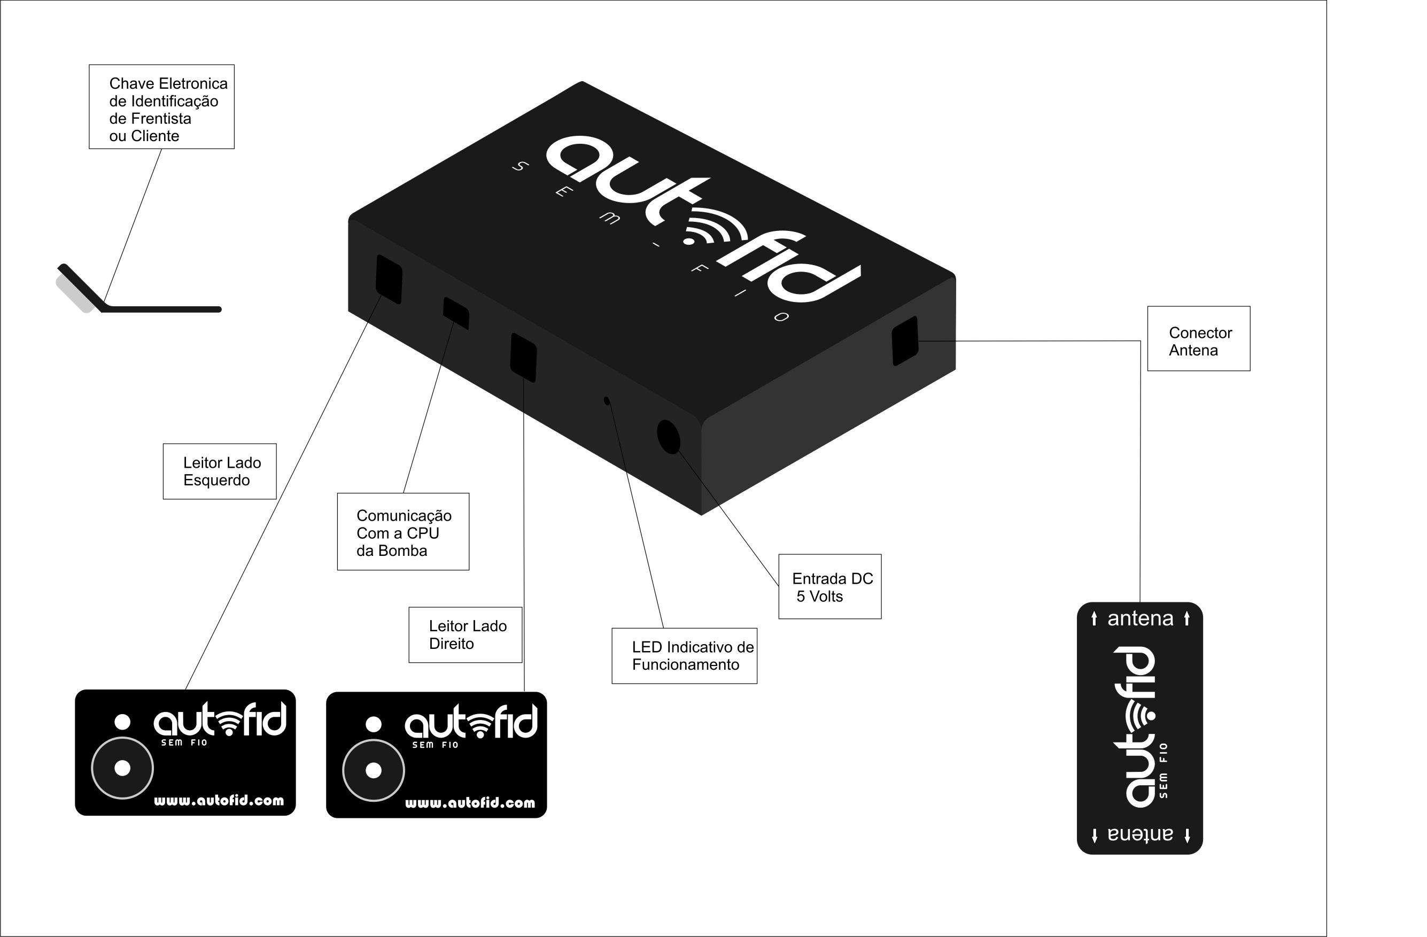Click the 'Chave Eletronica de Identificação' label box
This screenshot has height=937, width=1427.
pos(161,107)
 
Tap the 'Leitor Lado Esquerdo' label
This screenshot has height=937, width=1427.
pos(220,471)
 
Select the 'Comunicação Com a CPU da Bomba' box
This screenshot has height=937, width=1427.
pos(403,532)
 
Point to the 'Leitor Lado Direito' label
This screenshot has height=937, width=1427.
pos(466,635)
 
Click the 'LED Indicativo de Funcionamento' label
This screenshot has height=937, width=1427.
pos(684,656)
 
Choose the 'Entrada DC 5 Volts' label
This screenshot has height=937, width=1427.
pos(830,587)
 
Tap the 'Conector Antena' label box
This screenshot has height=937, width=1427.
pos(1199,339)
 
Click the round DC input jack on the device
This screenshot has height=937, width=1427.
pos(669,436)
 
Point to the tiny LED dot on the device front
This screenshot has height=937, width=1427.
pos(607,400)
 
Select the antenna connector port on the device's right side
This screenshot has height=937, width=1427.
pos(905,340)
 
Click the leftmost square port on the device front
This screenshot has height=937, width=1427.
pos(389,280)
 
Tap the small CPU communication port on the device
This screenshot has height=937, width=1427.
pos(456,313)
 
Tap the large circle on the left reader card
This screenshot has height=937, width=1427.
pos(122,768)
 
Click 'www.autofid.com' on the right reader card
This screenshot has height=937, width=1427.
pos(470,803)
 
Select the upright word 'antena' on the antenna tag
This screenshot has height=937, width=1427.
pos(1140,618)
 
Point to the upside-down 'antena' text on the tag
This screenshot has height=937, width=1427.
pos(1140,834)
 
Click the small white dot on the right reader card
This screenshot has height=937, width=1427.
pos(374,725)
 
